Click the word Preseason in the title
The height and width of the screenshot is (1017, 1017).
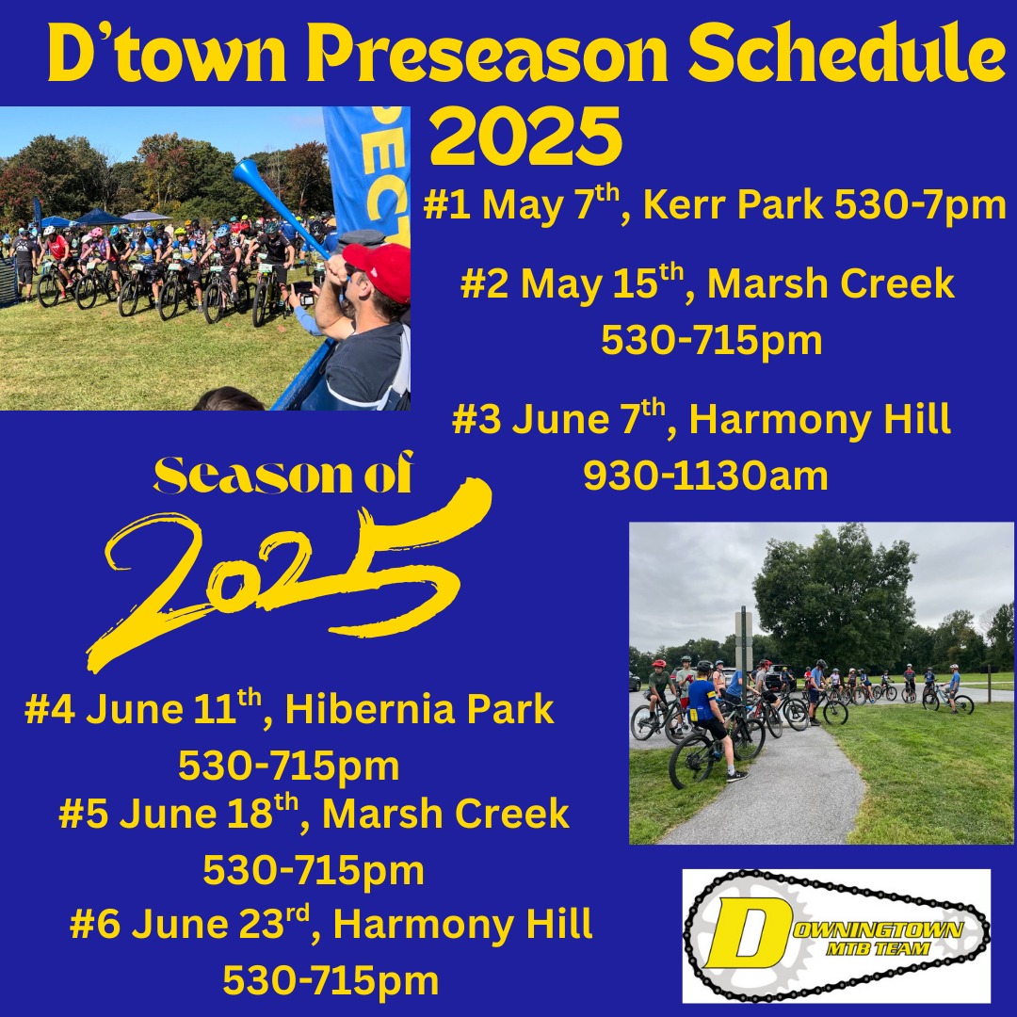(487, 54)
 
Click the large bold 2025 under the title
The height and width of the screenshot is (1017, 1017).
(526, 137)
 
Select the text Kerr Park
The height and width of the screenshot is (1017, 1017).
(733, 205)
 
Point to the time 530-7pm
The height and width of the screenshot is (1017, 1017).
(920, 206)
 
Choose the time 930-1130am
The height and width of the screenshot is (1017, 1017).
(705, 476)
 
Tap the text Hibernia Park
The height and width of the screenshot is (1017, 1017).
(419, 709)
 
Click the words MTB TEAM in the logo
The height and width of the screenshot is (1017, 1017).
(879, 949)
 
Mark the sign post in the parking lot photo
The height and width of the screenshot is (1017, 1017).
(744, 649)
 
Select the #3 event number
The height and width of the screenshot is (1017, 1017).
(476, 419)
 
